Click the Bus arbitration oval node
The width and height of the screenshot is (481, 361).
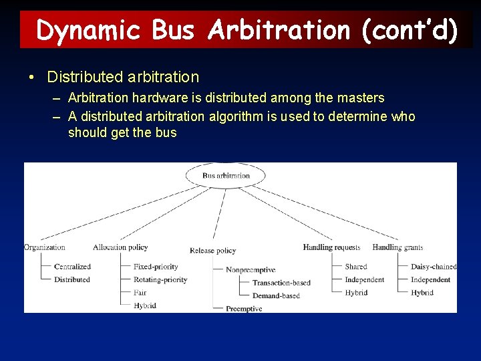[226, 176]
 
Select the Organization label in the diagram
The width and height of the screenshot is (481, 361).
[45, 247]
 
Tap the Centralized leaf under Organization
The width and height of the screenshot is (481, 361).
[72, 267]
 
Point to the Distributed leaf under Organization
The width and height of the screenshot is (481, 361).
[72, 279]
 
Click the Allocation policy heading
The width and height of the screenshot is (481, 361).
[120, 247]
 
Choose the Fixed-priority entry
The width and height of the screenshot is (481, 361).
[156, 267]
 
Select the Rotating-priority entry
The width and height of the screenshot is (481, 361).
[160, 279]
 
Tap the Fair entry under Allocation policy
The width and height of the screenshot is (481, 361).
[140, 293]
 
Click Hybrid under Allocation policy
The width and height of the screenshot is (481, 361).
[144, 306]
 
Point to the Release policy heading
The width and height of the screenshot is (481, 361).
[212, 251]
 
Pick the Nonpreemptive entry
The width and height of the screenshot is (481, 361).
[250, 270]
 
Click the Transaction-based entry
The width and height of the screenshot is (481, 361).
[281, 283]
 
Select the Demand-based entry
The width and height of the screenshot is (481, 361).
[276, 295]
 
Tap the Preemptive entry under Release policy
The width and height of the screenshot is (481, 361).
[244, 309]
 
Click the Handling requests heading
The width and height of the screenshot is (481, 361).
[331, 247]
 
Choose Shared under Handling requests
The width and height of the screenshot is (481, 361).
[356, 267]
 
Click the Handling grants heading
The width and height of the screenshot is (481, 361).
[397, 247]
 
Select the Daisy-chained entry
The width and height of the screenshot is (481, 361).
[434, 267]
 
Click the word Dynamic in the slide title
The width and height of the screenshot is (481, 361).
[89, 30]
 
